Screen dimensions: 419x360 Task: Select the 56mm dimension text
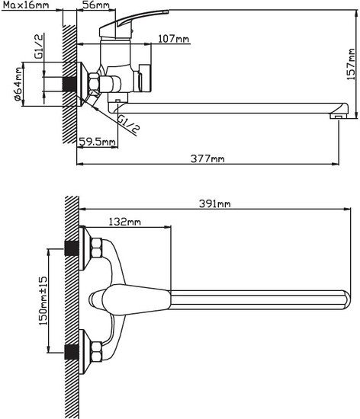point(95,6)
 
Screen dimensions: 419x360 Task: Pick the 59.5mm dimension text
point(98,142)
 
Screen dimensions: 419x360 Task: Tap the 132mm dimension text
point(124,222)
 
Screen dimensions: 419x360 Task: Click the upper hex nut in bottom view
point(96,250)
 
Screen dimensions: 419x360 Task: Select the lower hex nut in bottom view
point(96,352)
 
